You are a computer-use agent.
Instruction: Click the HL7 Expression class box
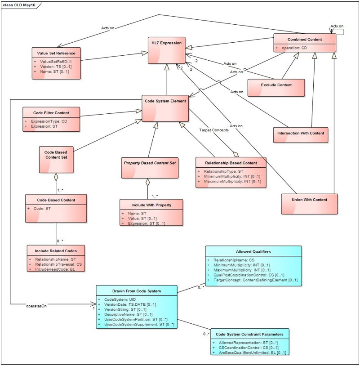pyautogui.click(x=166, y=50)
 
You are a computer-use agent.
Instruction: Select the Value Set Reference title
pyautogui.click(x=56, y=54)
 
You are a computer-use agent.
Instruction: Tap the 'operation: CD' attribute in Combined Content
pyautogui.click(x=294, y=48)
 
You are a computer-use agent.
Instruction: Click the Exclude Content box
pyautogui.click(x=276, y=88)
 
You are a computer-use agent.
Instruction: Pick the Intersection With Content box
pyautogui.click(x=300, y=134)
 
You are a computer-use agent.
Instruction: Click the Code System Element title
pyautogui.click(x=165, y=101)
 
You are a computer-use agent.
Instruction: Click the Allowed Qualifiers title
pyautogui.click(x=253, y=251)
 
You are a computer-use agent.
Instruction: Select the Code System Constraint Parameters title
pyautogui.click(x=249, y=334)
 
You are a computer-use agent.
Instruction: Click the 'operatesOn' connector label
pyautogui.click(x=36, y=305)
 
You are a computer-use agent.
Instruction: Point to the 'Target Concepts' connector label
pyautogui.click(x=214, y=130)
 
